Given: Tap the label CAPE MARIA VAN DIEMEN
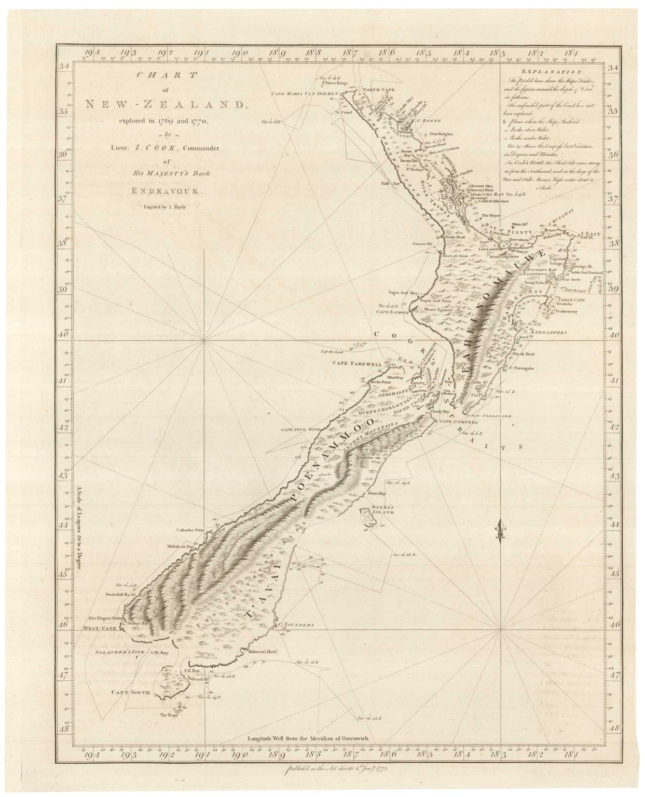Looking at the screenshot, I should [x=305, y=94].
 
